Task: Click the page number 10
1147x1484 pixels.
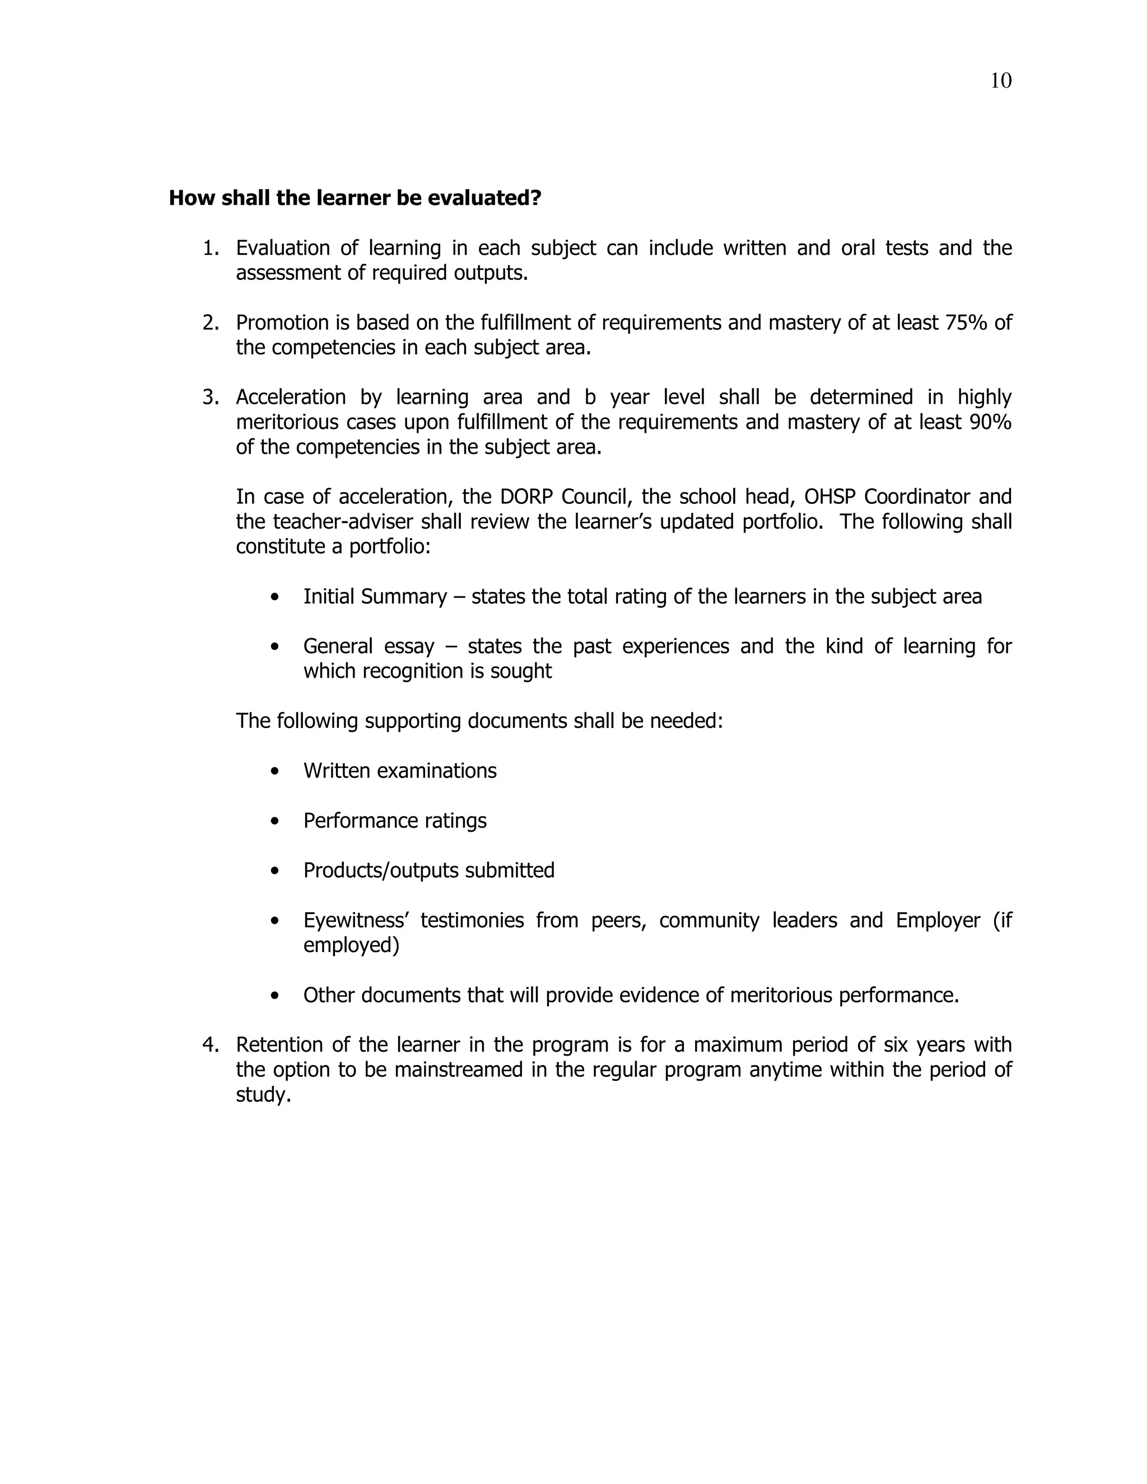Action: (x=1000, y=81)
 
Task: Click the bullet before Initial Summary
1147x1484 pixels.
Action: (x=274, y=598)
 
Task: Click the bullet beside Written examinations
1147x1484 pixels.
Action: (x=274, y=772)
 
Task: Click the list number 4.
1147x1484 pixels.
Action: (x=210, y=1045)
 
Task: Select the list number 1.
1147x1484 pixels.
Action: (x=210, y=249)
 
